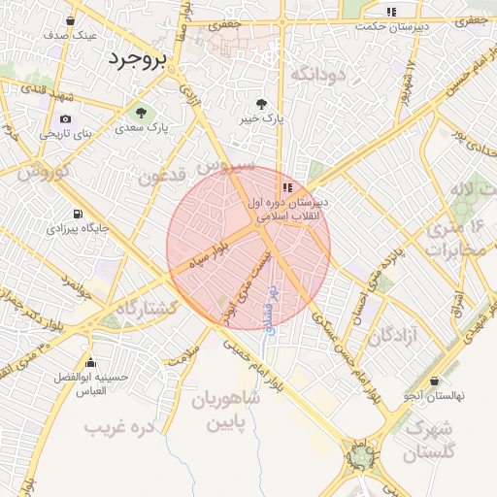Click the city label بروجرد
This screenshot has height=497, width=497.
point(140,59)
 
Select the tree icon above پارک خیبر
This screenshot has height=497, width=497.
point(260,103)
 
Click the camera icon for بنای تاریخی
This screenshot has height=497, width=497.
point(65,119)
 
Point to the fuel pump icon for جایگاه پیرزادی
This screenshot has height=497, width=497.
point(78,215)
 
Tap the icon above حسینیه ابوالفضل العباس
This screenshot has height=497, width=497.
point(90,362)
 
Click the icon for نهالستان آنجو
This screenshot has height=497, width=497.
point(433,381)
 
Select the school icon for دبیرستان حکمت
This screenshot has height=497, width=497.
point(391,12)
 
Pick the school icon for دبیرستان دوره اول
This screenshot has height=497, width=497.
point(286,187)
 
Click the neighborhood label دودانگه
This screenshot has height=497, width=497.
point(318,74)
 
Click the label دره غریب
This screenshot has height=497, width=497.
point(119,426)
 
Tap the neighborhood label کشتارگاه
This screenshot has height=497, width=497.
point(149,307)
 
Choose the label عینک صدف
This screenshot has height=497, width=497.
point(70,35)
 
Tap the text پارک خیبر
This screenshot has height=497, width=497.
point(261,117)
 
